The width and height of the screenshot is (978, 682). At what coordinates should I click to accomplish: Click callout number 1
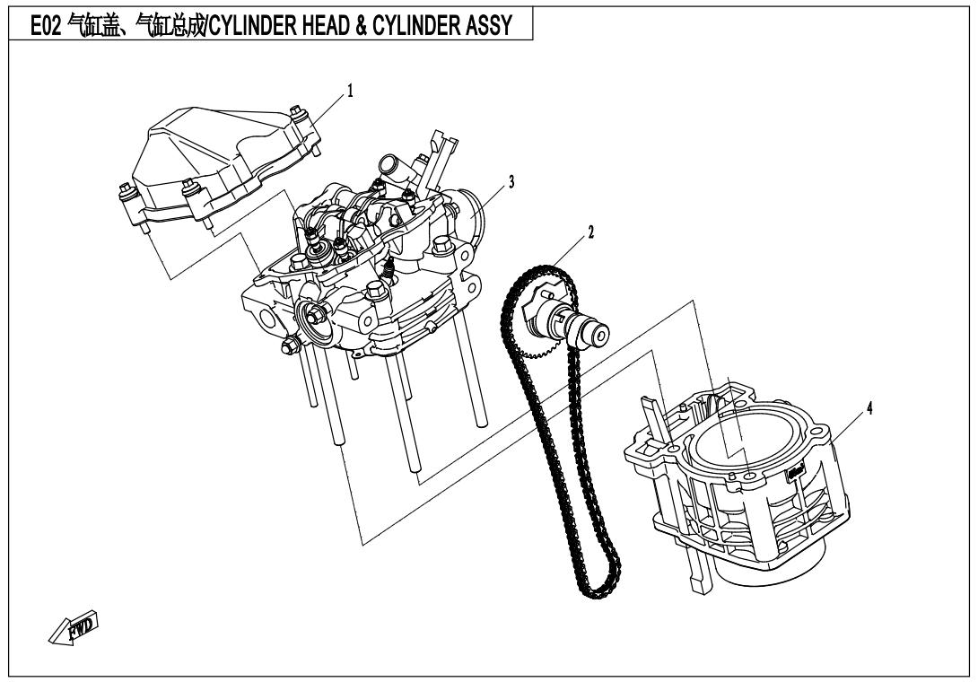(x=350, y=92)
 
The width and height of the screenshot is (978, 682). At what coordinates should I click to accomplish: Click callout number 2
(x=590, y=232)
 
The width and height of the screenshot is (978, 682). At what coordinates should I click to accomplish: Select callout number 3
(x=511, y=182)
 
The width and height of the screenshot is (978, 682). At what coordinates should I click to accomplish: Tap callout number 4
(x=869, y=408)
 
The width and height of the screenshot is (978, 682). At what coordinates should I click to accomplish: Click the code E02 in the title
(x=46, y=26)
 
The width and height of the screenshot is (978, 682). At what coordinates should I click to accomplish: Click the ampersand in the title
(x=362, y=26)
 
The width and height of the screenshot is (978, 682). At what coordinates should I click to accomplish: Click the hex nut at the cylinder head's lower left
(x=290, y=345)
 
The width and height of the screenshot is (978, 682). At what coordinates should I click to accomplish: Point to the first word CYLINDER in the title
(x=253, y=26)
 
